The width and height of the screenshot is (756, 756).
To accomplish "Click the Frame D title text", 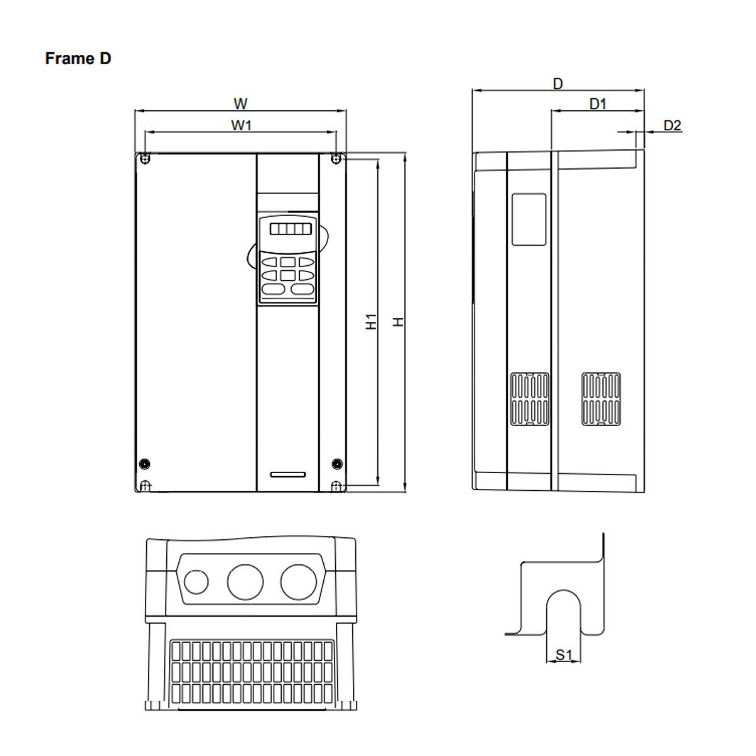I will pyautogui.click(x=78, y=59).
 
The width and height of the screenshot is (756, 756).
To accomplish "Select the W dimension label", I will pyautogui.click(x=241, y=103).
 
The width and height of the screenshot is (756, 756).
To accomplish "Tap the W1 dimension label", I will pyautogui.click(x=241, y=125).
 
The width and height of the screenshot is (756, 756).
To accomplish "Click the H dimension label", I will pyautogui.click(x=398, y=321).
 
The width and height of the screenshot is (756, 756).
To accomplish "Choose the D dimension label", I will pyautogui.click(x=558, y=83).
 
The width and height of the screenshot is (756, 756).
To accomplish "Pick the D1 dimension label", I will pyautogui.click(x=597, y=104).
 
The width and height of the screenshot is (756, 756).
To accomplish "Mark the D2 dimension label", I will pyautogui.click(x=672, y=125).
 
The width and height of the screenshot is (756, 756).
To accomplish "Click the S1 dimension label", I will pyautogui.click(x=563, y=655).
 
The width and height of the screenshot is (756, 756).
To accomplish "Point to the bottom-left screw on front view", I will pyautogui.click(x=145, y=464).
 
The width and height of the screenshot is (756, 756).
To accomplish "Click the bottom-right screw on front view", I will pyautogui.click(x=336, y=464).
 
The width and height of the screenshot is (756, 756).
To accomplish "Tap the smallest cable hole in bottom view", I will pyautogui.click(x=197, y=581).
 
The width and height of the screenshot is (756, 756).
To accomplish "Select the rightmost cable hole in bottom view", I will pyautogui.click(x=297, y=581).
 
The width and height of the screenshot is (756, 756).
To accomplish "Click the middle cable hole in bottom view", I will pyautogui.click(x=244, y=581).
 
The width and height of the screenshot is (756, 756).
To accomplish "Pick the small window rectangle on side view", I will pyautogui.click(x=529, y=219).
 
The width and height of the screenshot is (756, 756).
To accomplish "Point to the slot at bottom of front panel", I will pyautogui.click(x=287, y=474).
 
